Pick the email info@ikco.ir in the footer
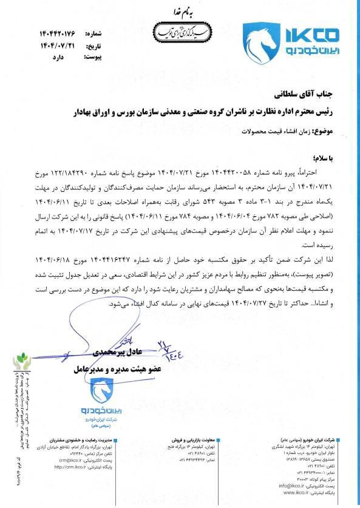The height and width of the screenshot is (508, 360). pos(292,486)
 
